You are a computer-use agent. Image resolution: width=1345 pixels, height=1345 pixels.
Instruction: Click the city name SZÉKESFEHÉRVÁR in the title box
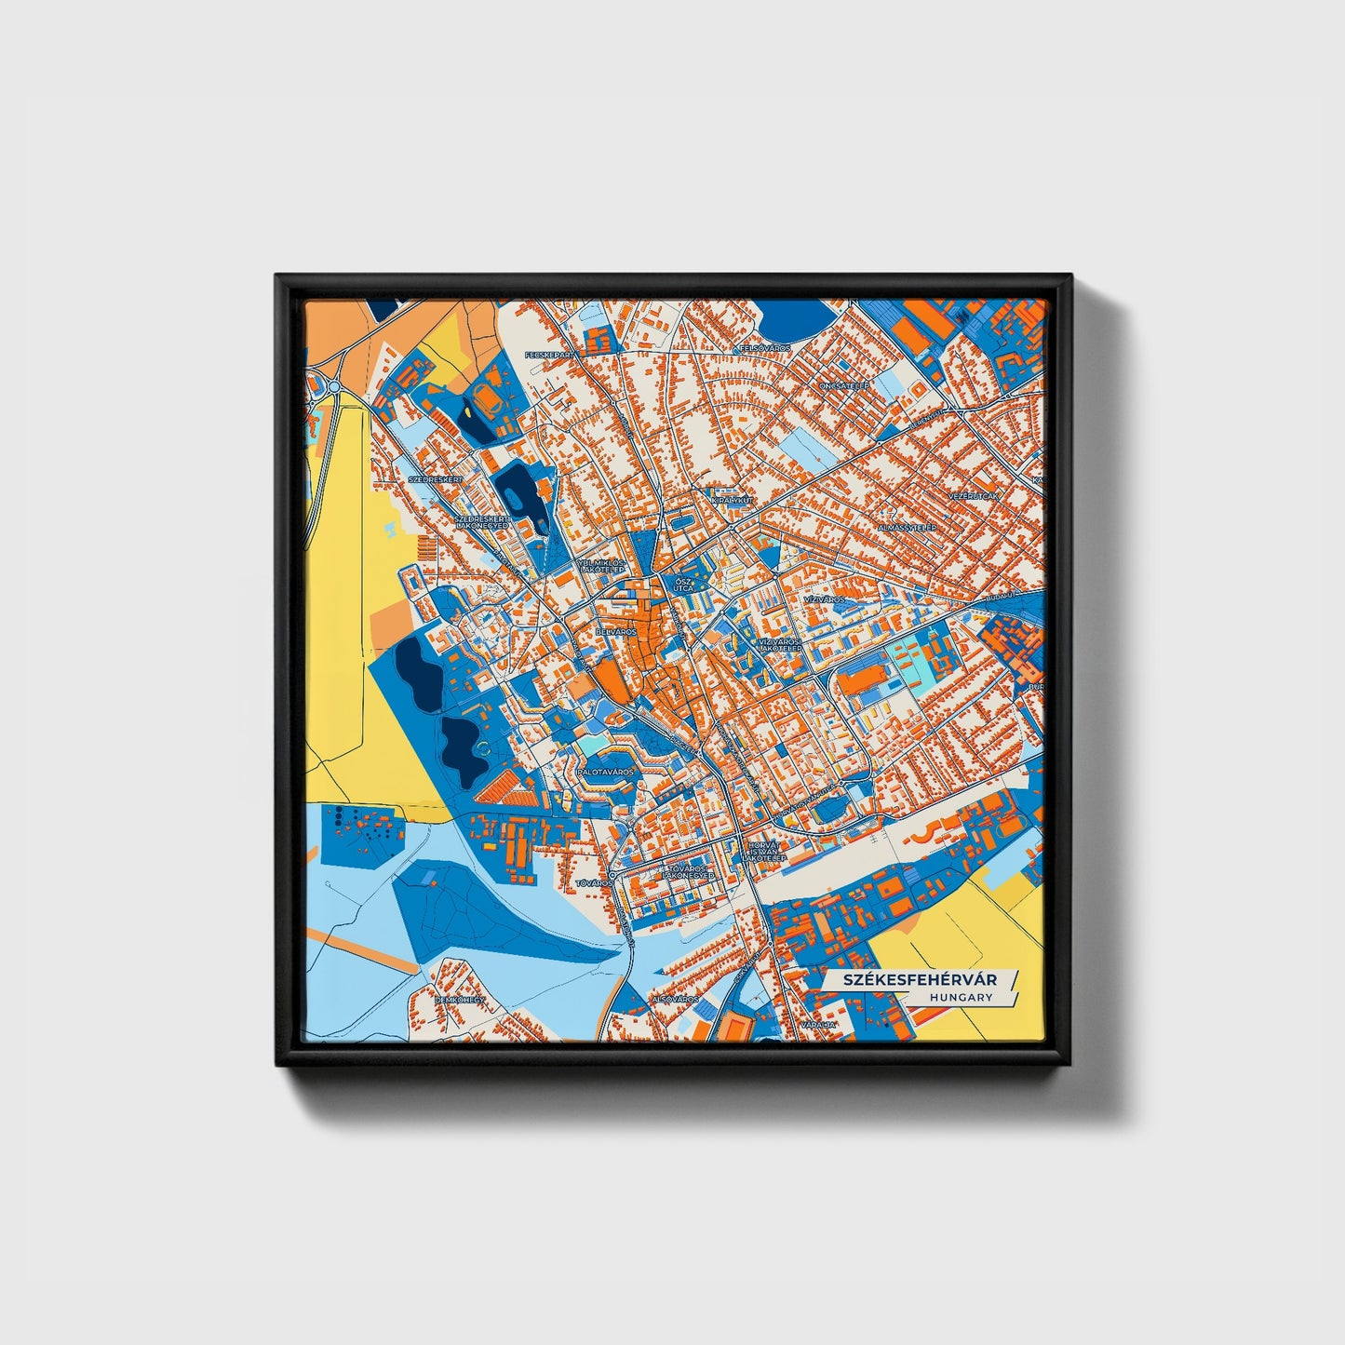(x=920, y=980)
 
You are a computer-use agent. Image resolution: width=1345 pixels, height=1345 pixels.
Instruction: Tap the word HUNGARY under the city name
(x=960, y=997)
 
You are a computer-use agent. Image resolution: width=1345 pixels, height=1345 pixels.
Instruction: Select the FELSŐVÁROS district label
(x=764, y=347)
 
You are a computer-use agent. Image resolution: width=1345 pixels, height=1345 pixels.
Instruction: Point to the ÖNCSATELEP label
(x=843, y=384)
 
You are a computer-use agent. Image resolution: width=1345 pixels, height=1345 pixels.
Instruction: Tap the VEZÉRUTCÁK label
(x=974, y=496)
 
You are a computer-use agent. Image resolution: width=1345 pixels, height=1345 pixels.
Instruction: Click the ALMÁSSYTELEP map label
(x=906, y=527)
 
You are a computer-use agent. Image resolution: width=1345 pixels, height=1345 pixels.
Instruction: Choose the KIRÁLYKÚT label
(x=731, y=500)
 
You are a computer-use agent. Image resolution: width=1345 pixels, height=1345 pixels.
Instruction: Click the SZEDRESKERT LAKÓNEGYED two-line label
(x=482, y=521)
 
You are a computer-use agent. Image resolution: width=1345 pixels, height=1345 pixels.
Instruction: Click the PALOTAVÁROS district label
(x=605, y=772)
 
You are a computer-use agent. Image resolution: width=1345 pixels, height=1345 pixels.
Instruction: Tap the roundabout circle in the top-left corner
(x=332, y=385)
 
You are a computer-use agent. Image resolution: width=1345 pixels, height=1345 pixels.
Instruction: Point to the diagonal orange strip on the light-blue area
(x=364, y=951)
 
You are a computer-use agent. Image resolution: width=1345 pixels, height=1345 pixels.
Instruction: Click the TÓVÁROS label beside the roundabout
(x=593, y=881)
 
